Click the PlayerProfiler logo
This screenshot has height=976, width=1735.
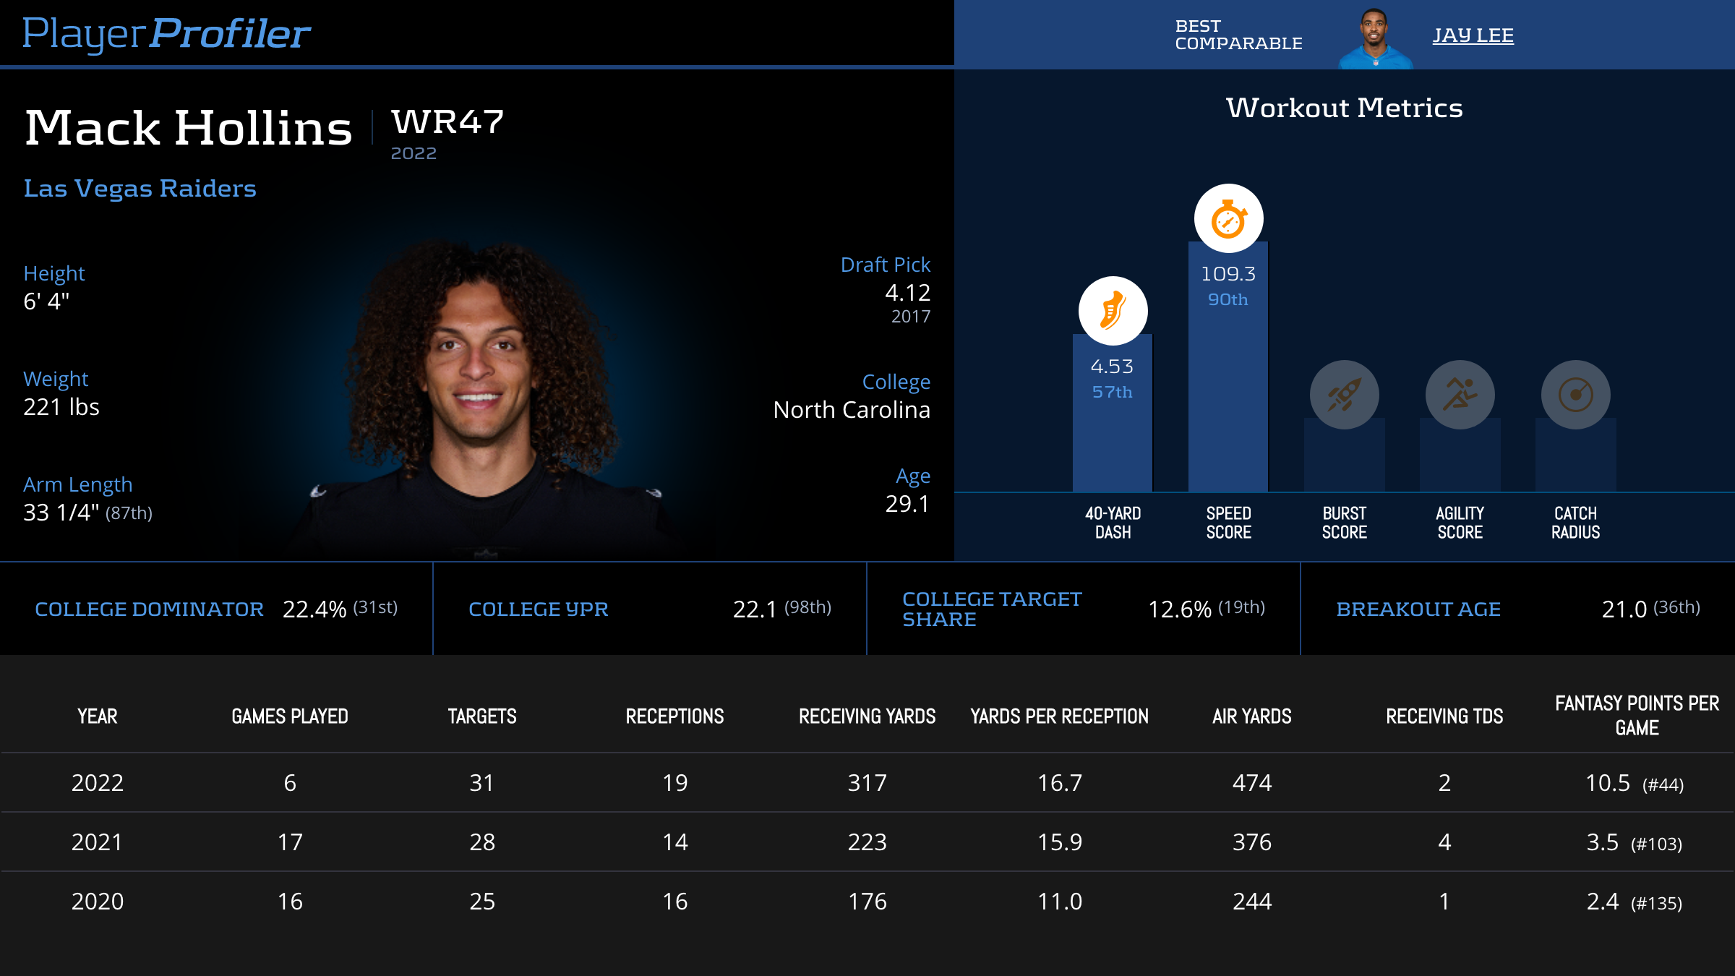166,33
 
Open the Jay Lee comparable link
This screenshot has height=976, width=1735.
1473,35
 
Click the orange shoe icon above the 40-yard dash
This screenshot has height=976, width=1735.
1113,311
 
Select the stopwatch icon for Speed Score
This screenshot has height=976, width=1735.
1228,219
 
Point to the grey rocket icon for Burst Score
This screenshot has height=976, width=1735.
1344,395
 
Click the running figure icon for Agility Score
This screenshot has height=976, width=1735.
1460,395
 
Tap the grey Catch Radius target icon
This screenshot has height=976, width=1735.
1575,395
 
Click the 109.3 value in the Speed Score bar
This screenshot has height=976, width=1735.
1228,274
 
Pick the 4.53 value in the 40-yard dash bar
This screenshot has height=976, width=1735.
1112,367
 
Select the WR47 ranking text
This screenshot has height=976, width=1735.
447,121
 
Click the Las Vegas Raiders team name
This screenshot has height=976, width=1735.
140,188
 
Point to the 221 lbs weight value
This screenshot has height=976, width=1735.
61,407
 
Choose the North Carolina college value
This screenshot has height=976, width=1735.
851,410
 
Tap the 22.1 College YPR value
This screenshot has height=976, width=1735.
755,609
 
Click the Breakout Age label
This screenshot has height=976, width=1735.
1418,609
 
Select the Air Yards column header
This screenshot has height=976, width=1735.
1251,716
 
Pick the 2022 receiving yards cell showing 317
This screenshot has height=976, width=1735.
867,783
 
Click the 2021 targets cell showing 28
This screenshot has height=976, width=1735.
482,842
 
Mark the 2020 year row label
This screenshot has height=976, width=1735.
98,902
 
